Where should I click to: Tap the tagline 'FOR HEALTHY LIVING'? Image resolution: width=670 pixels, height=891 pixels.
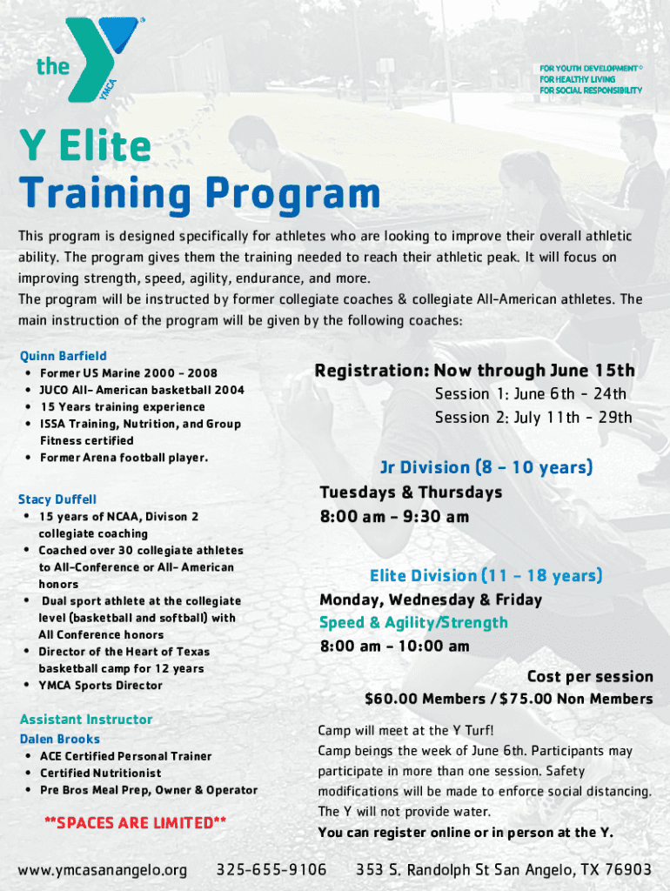(x=577, y=79)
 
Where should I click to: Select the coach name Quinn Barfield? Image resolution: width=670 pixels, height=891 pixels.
(x=64, y=356)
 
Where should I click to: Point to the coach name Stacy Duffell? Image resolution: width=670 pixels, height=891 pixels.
(x=57, y=499)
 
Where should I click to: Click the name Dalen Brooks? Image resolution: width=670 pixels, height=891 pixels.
(x=60, y=739)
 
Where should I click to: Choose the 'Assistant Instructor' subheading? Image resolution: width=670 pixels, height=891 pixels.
(x=85, y=720)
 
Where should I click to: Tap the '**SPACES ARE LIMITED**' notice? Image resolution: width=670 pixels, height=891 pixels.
(x=135, y=822)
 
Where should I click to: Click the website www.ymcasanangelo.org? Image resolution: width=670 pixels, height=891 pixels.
(x=103, y=869)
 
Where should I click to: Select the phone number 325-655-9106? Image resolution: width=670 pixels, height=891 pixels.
(x=271, y=869)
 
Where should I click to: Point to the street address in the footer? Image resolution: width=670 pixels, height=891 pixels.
(x=503, y=869)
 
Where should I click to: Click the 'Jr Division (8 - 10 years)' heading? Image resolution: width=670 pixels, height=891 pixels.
(x=486, y=467)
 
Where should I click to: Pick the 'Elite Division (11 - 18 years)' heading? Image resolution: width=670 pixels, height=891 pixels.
(x=486, y=576)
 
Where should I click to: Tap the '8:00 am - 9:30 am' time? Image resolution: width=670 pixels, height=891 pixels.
(x=394, y=517)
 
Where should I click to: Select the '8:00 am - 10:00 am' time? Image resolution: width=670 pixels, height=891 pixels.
(x=394, y=646)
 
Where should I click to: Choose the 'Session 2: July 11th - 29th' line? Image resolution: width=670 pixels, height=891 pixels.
(x=533, y=418)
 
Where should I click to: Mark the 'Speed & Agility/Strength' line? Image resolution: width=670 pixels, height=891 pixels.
(x=413, y=622)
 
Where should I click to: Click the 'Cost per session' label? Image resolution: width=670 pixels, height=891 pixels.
(x=589, y=677)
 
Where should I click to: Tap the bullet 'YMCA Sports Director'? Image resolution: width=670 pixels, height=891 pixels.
(x=100, y=686)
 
